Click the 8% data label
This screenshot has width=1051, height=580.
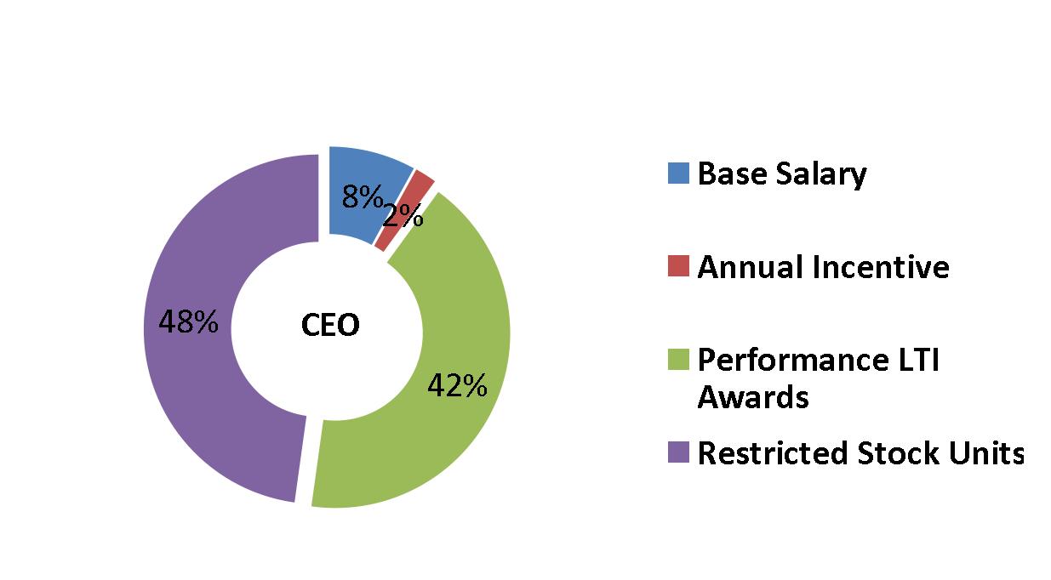[363, 196]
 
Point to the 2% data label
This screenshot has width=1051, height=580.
[403, 216]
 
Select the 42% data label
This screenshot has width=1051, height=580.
[458, 385]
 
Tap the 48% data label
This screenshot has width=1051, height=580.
[189, 321]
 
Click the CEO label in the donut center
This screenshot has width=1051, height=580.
[330, 325]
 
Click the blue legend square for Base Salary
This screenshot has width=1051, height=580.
[678, 173]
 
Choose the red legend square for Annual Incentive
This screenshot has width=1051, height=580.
[678, 266]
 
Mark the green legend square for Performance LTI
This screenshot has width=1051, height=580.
[678, 359]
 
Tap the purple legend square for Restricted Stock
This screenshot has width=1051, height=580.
[678, 452]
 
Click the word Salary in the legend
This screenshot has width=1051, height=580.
[821, 174]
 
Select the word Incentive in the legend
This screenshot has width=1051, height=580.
[881, 267]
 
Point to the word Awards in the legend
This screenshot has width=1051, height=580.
[753, 398]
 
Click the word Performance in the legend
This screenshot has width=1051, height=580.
[793, 360]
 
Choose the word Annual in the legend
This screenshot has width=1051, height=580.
[751, 267]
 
